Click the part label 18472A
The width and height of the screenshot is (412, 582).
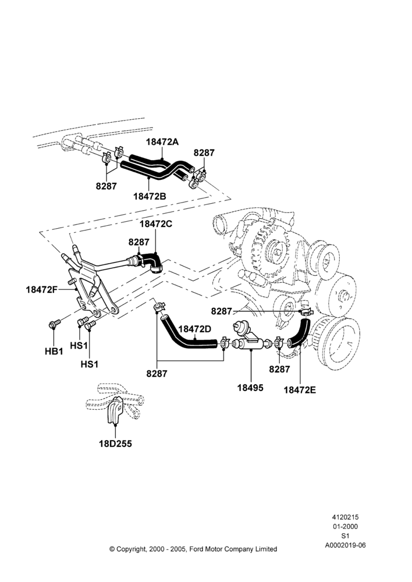click(x=162, y=141)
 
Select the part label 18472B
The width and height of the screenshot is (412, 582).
click(x=150, y=196)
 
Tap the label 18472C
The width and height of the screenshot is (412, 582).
click(x=156, y=224)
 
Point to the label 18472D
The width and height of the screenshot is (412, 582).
click(x=194, y=329)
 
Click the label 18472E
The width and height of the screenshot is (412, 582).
click(x=300, y=390)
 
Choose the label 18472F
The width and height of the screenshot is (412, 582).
click(x=41, y=289)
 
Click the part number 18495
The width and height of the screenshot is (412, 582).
click(x=250, y=388)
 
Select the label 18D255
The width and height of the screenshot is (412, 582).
click(x=115, y=443)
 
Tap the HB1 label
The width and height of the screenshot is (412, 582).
click(x=54, y=351)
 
